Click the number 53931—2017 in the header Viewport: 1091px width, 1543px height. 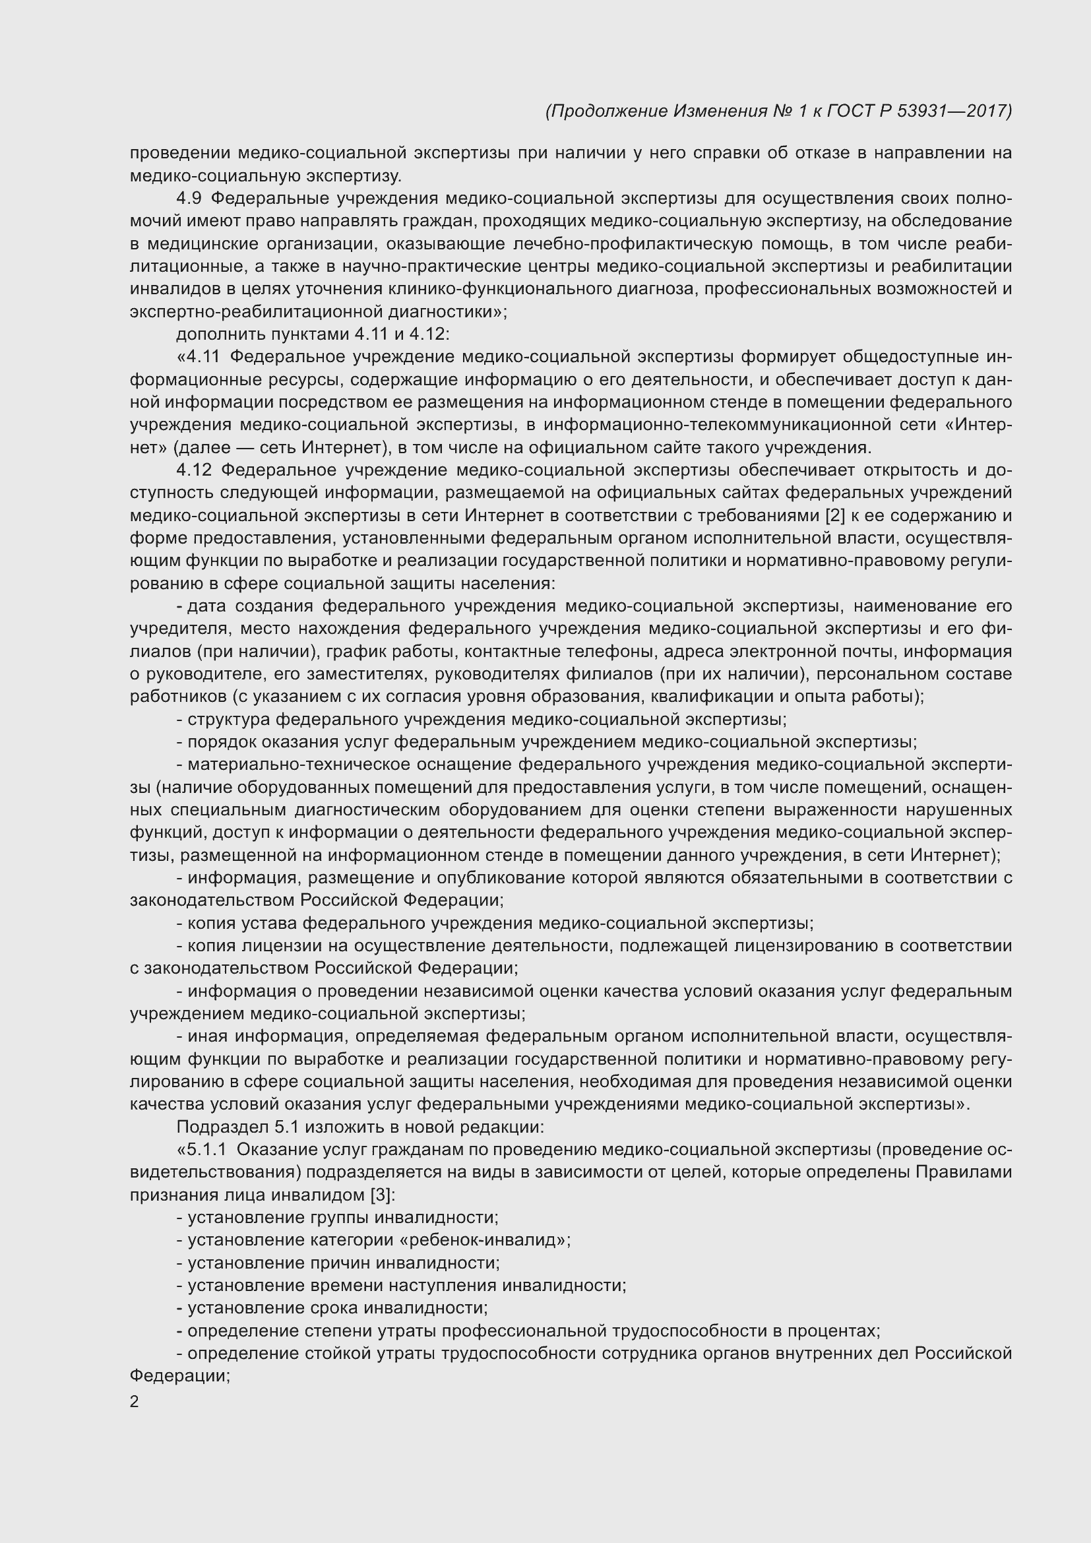click(x=954, y=111)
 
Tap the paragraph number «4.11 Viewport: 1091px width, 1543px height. click(x=197, y=357)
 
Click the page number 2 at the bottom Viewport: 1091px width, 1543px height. click(x=135, y=1401)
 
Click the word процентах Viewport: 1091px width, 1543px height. click(x=833, y=1331)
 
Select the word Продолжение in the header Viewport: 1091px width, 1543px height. click(x=608, y=111)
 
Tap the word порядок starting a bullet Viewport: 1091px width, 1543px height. click(x=222, y=743)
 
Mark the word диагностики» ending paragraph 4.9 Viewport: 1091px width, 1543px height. click(x=449, y=312)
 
